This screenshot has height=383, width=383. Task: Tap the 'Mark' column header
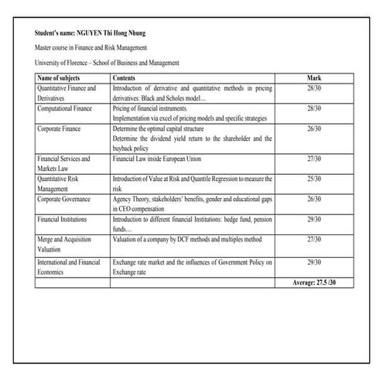[x=313, y=78]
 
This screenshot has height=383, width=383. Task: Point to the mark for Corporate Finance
[x=313, y=129]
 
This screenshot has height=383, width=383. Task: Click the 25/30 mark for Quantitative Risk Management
[x=313, y=179]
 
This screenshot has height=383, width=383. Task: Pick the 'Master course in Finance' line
[x=91, y=48]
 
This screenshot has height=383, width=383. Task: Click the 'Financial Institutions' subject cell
[x=62, y=220]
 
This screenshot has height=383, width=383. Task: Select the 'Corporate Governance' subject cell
[x=64, y=199]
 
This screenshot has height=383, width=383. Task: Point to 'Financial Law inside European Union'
[x=162, y=159]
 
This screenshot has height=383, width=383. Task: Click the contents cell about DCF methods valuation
[x=187, y=240]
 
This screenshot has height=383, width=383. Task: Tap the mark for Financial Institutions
[x=313, y=220]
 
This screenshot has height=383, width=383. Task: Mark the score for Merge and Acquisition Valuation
[x=313, y=240]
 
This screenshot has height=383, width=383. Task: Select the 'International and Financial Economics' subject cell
[x=68, y=267]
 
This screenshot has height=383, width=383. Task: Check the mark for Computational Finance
[x=313, y=109]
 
